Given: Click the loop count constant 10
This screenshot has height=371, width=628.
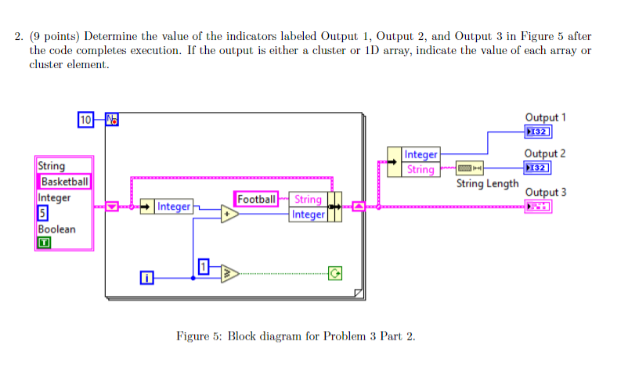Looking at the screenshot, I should click(x=86, y=120).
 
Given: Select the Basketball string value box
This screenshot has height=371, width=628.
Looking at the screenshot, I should click(x=66, y=182).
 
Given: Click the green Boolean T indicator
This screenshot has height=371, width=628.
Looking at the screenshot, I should click(x=44, y=243).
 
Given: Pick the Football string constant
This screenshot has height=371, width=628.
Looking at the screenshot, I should click(x=257, y=200).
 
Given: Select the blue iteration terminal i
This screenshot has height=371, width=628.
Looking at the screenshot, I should click(x=146, y=277).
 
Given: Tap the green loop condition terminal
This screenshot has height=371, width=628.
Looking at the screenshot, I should click(x=335, y=273).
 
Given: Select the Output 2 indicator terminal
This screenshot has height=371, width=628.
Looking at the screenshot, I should click(x=539, y=167).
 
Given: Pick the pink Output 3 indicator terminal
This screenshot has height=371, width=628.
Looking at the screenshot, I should click(x=539, y=206).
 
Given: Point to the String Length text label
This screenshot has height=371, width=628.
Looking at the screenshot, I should click(x=487, y=184).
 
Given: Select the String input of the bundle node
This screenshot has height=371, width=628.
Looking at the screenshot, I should click(x=308, y=200).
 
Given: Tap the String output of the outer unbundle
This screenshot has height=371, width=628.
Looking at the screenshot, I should click(x=420, y=169).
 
